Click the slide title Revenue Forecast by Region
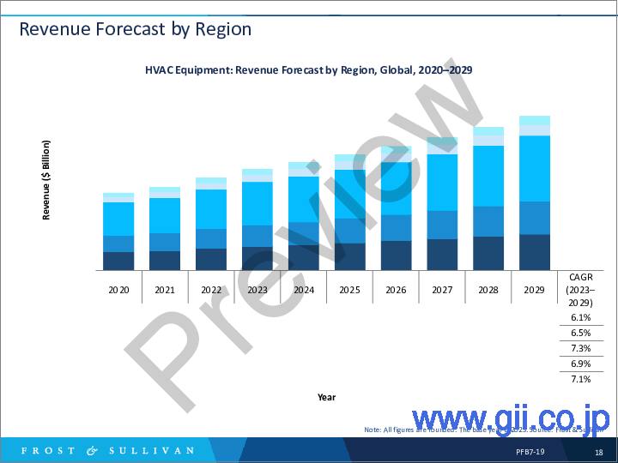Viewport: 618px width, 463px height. [x=135, y=29]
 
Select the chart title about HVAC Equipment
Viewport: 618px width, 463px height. [x=309, y=70]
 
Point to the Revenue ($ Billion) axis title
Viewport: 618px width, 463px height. [x=46, y=180]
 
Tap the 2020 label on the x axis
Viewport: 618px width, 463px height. [x=118, y=290]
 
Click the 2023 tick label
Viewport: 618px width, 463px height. [x=257, y=290]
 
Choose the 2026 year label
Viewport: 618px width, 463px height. [x=396, y=290]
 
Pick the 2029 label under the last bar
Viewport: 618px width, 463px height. [x=535, y=290]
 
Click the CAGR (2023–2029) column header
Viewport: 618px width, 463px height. [x=580, y=290]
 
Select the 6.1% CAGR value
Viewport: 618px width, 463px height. [x=580, y=317]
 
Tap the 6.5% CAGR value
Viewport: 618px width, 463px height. [x=580, y=333]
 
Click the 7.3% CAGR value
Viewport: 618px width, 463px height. [x=580, y=348]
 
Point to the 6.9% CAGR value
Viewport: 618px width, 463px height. [x=580, y=364]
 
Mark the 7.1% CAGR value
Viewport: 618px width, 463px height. [x=580, y=379]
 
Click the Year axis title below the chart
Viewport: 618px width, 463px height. [x=327, y=397]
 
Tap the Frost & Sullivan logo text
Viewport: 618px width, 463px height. [x=107, y=450]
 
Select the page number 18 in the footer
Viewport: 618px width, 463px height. [x=598, y=452]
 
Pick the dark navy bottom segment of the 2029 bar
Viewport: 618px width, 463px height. [x=535, y=252]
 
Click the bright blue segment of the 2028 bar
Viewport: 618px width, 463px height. [x=488, y=176]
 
